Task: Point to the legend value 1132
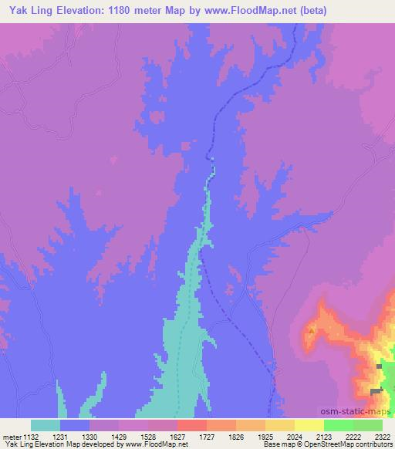click(31, 436)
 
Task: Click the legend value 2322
click(382, 436)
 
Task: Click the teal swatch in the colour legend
click(46, 425)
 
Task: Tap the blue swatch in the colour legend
click(75, 425)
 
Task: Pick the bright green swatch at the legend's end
click(368, 425)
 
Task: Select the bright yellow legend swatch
click(309, 425)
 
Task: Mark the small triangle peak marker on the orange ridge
click(311, 331)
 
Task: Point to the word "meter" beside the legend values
click(10, 436)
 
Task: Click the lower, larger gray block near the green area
click(376, 391)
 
